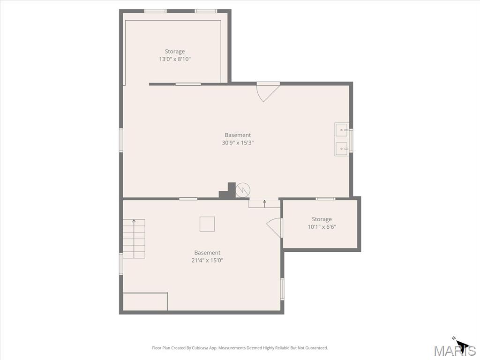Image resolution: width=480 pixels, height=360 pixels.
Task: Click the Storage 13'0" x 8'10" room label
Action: point(175,55)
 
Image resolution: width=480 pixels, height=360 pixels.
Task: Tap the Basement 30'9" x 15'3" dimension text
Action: point(238,142)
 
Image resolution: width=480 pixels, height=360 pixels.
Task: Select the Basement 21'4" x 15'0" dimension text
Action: point(207,261)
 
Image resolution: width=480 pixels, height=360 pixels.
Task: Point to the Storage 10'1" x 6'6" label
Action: point(322,223)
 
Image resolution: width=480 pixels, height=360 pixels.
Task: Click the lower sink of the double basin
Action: point(342,149)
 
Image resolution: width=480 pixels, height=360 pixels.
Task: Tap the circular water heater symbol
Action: point(243,190)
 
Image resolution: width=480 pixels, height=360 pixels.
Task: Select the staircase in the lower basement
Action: point(134,239)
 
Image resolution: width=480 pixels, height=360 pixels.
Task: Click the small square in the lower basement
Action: point(207,224)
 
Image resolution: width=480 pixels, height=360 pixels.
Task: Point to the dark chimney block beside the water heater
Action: point(227,191)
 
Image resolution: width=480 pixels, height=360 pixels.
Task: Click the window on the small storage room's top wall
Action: point(325,199)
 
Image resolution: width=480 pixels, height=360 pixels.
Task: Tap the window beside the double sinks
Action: point(351,140)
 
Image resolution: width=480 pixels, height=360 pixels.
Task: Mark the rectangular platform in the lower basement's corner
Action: point(145,301)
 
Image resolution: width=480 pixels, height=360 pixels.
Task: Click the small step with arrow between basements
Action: point(264,203)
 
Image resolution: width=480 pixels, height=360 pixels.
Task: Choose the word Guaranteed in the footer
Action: point(318,348)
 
